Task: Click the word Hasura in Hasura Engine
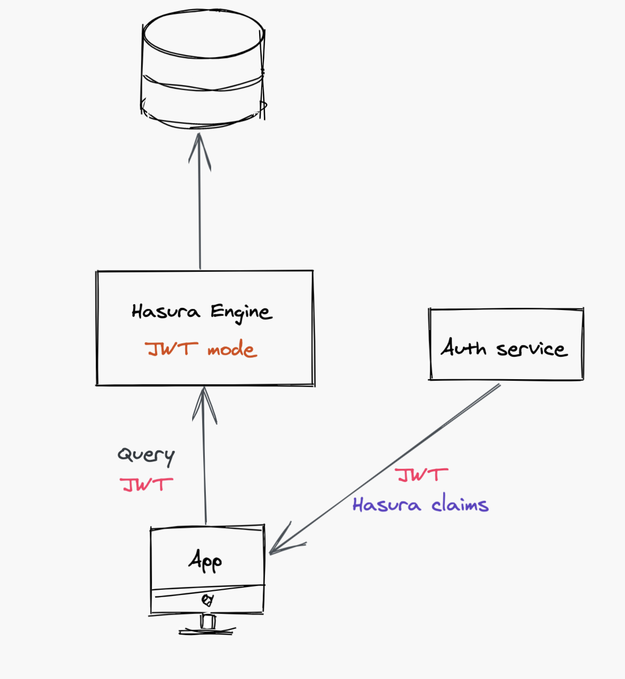[x=166, y=312]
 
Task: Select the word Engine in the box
[x=241, y=313]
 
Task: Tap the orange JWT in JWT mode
[x=172, y=349]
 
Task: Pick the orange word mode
[x=232, y=350]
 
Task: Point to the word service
[x=532, y=349]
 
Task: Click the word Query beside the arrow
[x=146, y=456]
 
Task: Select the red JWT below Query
[x=146, y=484]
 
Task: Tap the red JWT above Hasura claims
[x=422, y=475]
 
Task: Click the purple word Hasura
[x=386, y=505]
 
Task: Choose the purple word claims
[x=460, y=505]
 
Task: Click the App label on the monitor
[x=205, y=561]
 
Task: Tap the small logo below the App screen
[x=207, y=600]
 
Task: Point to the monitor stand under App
[x=207, y=623]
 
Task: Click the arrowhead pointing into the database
[x=200, y=150]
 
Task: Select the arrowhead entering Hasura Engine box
[x=204, y=404]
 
